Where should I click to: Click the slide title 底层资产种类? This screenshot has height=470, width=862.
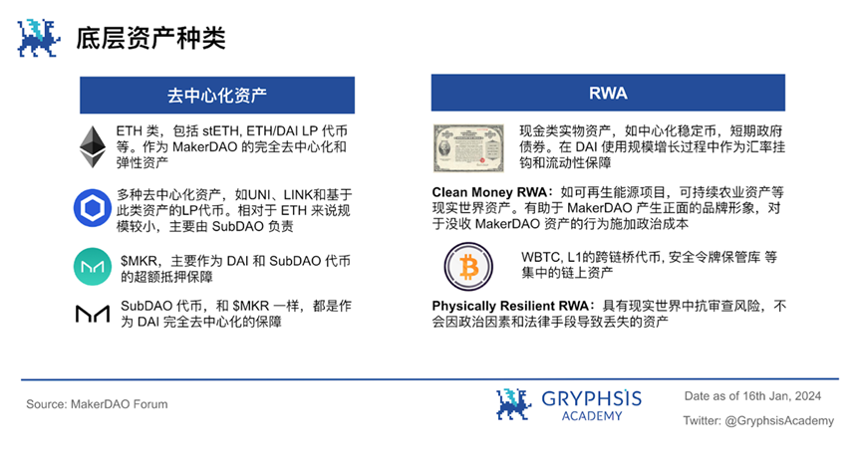pos(150,39)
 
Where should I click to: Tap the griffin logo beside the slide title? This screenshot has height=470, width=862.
pos(38,38)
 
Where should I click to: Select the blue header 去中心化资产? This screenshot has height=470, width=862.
pos(217,95)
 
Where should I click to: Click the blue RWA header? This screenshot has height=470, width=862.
pos(608,93)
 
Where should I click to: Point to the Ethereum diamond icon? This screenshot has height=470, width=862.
pos(93,146)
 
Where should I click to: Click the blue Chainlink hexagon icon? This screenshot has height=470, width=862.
pos(93,208)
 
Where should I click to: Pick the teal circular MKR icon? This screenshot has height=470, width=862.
pos(93,266)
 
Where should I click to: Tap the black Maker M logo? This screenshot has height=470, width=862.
pos(93,314)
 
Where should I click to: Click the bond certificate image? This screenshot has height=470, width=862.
pos(468,147)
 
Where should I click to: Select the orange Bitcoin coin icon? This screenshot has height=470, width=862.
pos(468,267)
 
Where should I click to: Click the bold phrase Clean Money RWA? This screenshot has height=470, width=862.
pos(489,192)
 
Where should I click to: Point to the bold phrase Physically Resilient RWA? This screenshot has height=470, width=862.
pos(510,306)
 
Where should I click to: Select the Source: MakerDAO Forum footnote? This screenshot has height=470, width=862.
pos(97,404)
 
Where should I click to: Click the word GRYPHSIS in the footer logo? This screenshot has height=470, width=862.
pos(592,398)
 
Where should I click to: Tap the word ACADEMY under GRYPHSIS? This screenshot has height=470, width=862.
pos(592,416)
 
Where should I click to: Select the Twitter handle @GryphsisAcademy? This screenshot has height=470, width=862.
pos(779,420)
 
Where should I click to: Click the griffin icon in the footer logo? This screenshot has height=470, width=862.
pos(513,404)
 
